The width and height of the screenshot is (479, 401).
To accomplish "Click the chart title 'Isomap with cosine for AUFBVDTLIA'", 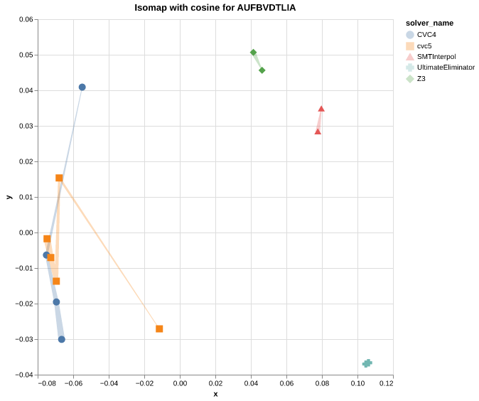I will coord(215,8).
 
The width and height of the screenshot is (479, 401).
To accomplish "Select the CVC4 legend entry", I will coord(426,34).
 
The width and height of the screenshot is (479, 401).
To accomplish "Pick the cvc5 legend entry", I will coord(424,46).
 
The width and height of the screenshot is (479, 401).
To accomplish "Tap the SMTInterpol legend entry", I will coord(436,56).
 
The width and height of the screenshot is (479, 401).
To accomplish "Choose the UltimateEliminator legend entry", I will coord(446,68).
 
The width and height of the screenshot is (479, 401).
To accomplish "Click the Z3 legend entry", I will coord(421,78).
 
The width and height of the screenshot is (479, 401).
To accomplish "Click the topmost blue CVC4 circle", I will coord(82,87).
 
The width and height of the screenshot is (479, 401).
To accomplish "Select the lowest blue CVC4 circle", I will coord(62,339).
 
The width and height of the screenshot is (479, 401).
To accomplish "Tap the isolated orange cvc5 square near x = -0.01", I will coord(159,328).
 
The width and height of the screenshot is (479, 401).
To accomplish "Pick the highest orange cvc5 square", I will coord(59,178).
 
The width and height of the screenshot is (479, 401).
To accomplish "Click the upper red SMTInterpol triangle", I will coord(321,109).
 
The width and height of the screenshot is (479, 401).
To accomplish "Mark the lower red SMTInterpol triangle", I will coord(318,132).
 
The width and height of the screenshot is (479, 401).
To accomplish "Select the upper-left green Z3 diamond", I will coord(253,53).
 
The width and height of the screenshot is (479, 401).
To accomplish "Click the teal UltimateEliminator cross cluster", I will coord(367,363).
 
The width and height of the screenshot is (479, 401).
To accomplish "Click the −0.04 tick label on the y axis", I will coord(24,375).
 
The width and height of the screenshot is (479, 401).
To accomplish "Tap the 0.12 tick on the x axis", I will coord(386,384).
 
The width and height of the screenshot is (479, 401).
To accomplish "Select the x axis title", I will coord(215,394).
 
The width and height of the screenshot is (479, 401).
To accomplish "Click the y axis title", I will coord(9,197).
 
